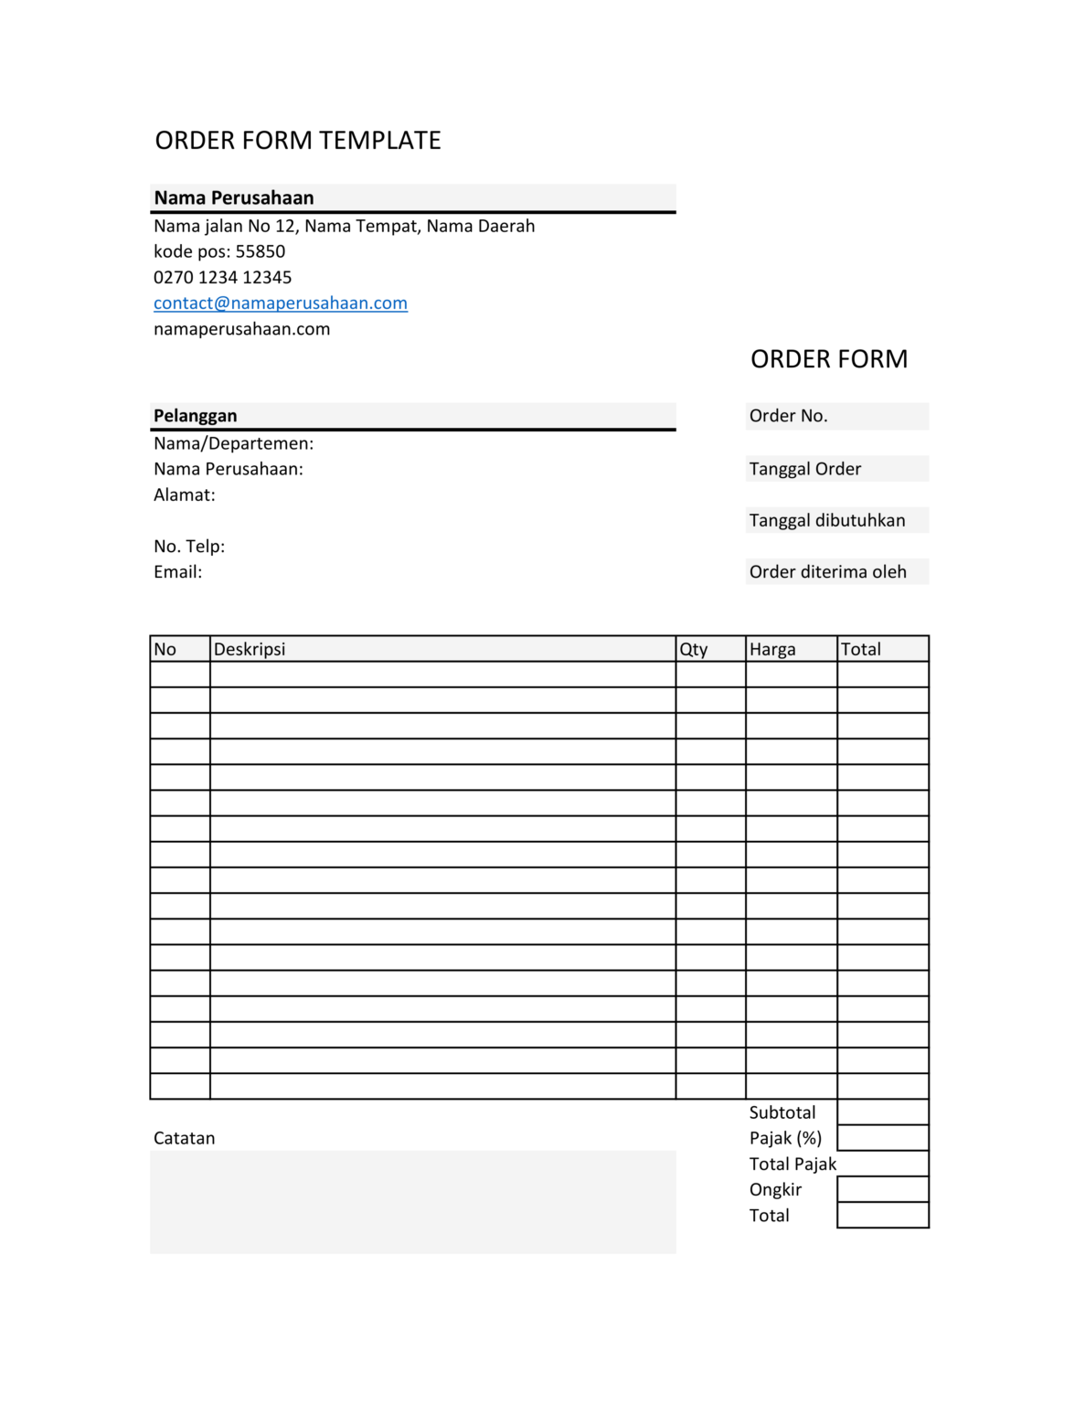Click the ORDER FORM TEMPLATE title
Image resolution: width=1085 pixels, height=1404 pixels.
click(298, 141)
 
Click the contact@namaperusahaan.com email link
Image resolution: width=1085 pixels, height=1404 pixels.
click(281, 303)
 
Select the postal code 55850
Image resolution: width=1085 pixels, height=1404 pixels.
click(261, 251)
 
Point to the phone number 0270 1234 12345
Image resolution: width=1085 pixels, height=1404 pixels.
click(223, 278)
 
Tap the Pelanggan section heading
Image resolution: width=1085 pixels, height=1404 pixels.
click(196, 416)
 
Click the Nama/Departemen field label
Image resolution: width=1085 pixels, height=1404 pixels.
click(233, 443)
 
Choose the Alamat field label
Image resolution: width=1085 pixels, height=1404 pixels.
click(185, 495)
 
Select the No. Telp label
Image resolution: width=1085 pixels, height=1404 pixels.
click(189, 547)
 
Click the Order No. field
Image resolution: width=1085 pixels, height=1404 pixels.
click(836, 416)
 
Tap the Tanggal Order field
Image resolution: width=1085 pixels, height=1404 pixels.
click(836, 469)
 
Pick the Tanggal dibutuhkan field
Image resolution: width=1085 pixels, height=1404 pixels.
click(836, 520)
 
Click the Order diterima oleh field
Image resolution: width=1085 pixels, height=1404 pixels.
click(836, 572)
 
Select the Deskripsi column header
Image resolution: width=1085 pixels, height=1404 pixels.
click(250, 649)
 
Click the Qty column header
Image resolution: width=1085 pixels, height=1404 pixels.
click(694, 649)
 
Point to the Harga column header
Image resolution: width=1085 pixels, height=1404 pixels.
click(772, 649)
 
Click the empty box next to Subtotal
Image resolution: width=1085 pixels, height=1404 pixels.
click(882, 1112)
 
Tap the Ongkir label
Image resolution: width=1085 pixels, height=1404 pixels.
click(775, 1190)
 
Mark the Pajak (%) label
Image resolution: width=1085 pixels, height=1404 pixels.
click(785, 1139)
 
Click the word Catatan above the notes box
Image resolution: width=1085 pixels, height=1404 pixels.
click(185, 1139)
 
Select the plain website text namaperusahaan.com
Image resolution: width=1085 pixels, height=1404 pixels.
click(242, 329)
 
